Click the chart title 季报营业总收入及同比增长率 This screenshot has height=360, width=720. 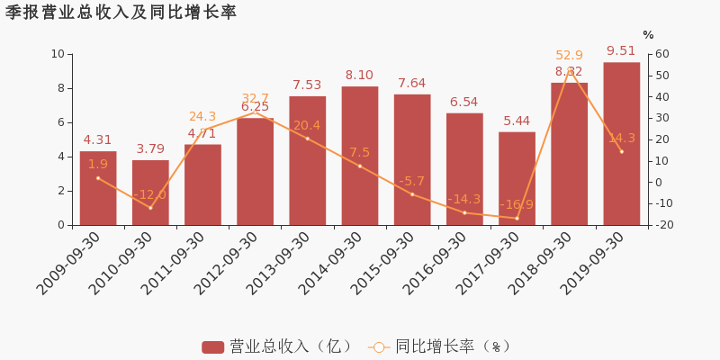coord(121,13)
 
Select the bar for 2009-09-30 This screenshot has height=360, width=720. coord(98,188)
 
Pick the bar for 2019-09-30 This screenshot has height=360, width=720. coord(621,144)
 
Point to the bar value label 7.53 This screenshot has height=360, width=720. coord(307,85)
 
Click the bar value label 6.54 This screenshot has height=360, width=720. coord(464,103)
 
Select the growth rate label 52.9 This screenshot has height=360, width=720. coord(570,56)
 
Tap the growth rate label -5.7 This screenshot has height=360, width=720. coord(412,181)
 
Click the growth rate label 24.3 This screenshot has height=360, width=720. coord(202,117)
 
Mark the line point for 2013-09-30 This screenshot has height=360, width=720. coord(307,139)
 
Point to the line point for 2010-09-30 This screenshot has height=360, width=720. coord(150,208)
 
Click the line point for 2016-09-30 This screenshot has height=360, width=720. coord(464,212)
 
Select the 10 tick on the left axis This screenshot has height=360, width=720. coord(58,54)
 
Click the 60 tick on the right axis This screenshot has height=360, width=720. coord(661,54)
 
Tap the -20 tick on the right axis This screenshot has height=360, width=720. coord(661,225)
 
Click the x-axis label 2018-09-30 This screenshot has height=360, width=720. coord(540,262)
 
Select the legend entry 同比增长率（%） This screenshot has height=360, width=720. coord(441,346)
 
